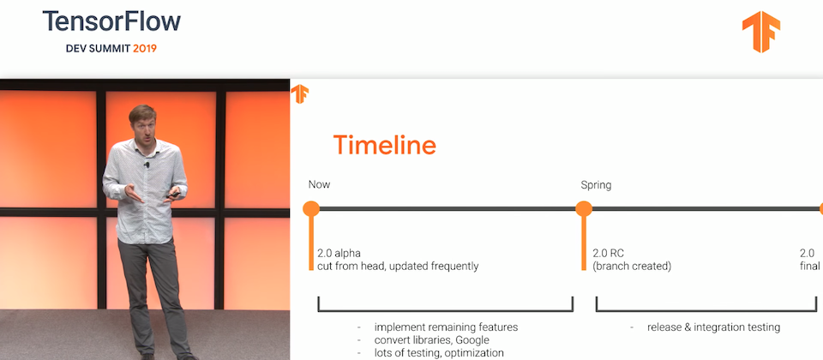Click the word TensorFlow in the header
pos(111,21)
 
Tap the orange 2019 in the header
pos(145,48)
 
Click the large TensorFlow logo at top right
pos(761,32)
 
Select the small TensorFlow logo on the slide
pos(300,94)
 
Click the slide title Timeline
pos(385,145)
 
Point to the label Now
pos(319,185)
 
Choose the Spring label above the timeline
pos(596,185)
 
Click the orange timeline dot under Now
pos(311,209)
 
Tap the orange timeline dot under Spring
pos(584,209)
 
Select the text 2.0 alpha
pos(339,254)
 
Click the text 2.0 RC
pos(609,254)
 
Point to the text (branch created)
pos(632,267)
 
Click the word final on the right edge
pos(809,267)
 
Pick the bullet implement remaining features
pos(446,327)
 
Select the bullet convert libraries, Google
pos(431,340)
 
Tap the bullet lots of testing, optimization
pos(439,353)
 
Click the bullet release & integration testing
pos(713,327)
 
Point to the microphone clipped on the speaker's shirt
pos(147,165)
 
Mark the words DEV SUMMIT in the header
pos(98,48)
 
